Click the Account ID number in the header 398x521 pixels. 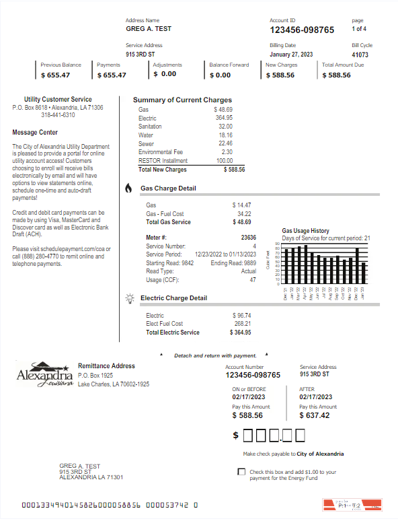[302, 30]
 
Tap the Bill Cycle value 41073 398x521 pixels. [360, 55]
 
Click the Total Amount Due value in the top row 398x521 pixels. [335, 75]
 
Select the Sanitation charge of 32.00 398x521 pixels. [225, 127]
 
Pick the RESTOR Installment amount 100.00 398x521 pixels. [224, 161]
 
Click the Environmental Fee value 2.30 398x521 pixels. [227, 152]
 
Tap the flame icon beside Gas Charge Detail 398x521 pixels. [128, 188]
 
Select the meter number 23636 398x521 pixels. [248, 238]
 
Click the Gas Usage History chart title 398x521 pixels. [305, 231]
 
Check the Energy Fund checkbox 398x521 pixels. [241, 472]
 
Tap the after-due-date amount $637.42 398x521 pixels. [315, 415]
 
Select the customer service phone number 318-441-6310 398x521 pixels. [58, 115]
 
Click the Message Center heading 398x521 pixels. [35, 133]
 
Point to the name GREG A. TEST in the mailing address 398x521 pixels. [80, 466]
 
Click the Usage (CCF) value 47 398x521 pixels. [253, 279]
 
